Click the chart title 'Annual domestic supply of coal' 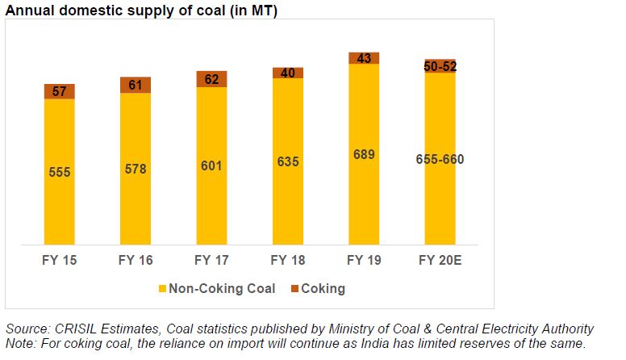click(x=141, y=9)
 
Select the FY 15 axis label click(x=59, y=260)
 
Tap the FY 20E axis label click(x=440, y=260)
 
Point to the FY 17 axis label click(x=211, y=260)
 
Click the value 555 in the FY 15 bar click(x=59, y=172)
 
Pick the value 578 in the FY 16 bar click(x=135, y=170)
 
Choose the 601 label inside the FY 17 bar click(x=211, y=166)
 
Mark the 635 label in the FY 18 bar click(x=287, y=161)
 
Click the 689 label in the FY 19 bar click(x=364, y=154)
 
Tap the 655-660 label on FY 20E click(x=440, y=159)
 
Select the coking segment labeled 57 click(x=59, y=91)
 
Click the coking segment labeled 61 click(x=135, y=85)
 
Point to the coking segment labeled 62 click(x=211, y=79)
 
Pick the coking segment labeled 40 click(x=287, y=73)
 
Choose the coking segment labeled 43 click(x=364, y=58)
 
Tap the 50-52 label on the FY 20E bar click(x=440, y=66)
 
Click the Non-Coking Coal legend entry click(x=223, y=288)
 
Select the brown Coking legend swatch click(x=294, y=288)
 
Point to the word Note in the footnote click(x=19, y=343)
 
